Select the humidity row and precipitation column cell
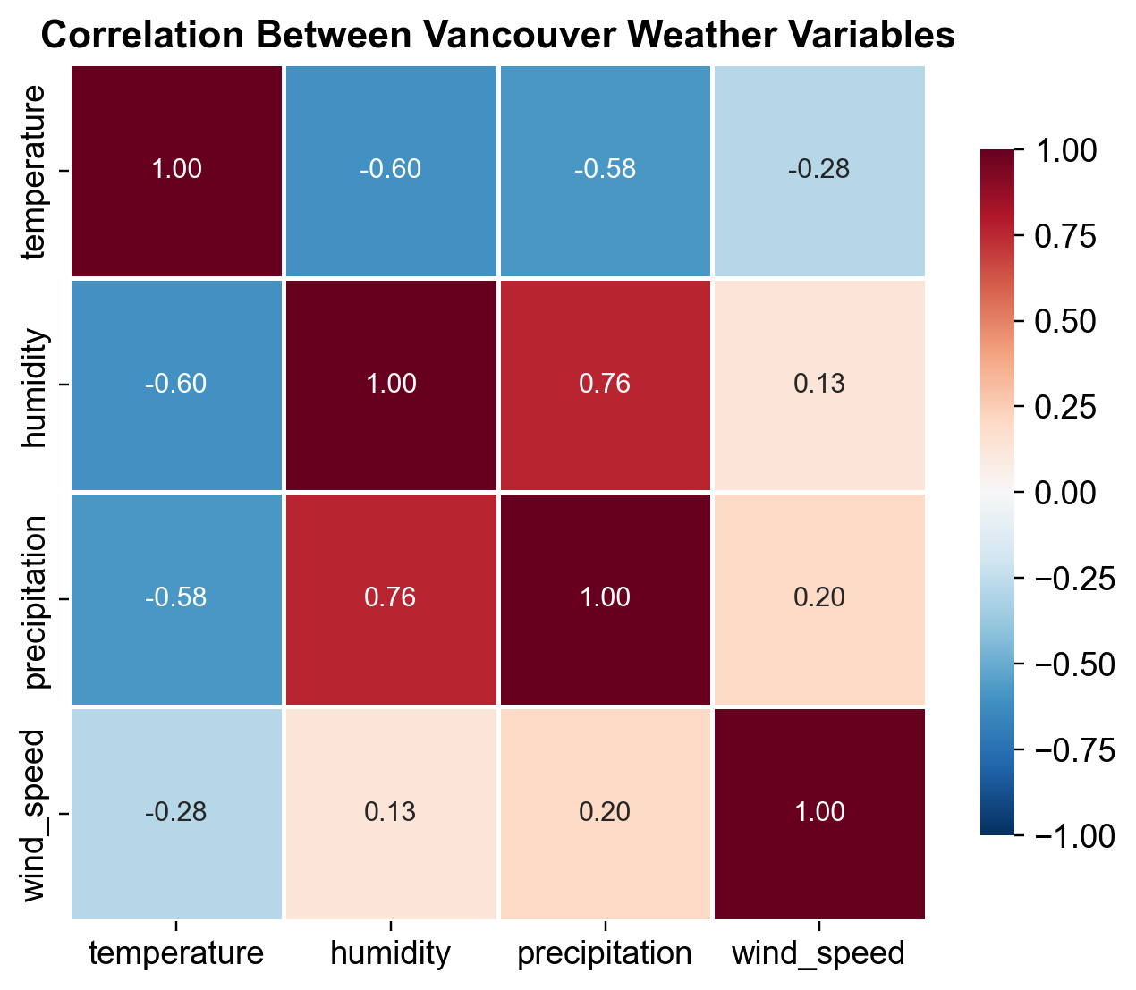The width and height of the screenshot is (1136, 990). point(605,385)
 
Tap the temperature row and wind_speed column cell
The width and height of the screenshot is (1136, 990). point(818,171)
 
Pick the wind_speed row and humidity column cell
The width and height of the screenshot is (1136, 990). point(390,813)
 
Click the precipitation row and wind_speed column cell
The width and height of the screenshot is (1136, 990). point(818,598)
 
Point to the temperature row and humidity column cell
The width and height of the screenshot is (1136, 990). point(390,171)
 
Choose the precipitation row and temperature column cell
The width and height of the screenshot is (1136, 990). point(176,598)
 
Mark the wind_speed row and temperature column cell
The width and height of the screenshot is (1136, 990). point(176,813)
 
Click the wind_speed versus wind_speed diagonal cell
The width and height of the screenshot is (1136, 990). point(818,813)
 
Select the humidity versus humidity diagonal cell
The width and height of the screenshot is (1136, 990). point(390,385)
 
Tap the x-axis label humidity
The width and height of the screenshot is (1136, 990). point(390,953)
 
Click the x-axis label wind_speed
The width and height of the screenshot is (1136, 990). point(818,953)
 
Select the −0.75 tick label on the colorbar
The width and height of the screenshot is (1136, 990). point(1074,749)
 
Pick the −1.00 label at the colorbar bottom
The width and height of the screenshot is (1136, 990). point(1074,835)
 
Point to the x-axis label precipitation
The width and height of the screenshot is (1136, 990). point(605,953)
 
